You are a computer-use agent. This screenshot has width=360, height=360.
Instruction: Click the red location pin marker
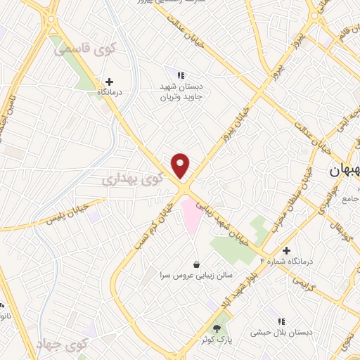tap(181, 165)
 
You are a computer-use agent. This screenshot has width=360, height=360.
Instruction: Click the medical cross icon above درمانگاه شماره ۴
tap(286, 250)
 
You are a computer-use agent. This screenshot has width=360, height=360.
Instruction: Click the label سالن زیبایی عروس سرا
tap(195, 276)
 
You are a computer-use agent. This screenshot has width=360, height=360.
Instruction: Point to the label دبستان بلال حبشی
tap(282, 333)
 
